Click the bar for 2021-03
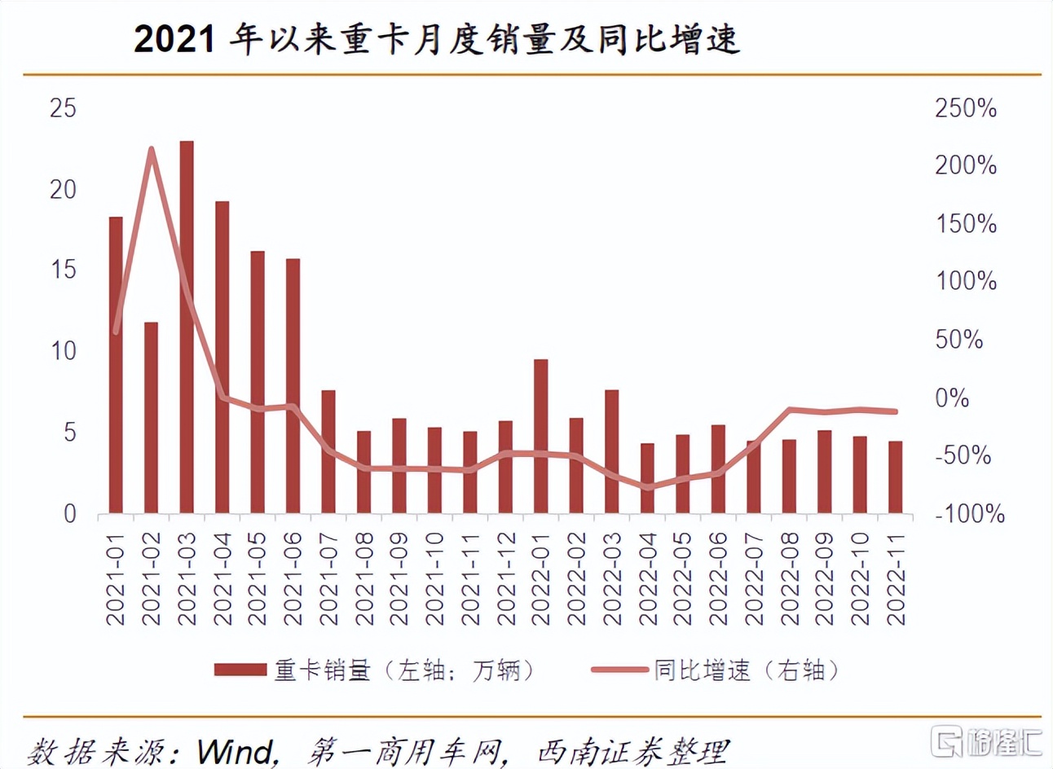pos(187,326)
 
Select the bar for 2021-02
pos(151,417)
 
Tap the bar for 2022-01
pos(541,436)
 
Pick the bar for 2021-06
pos(293,385)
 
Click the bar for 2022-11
pos(895,477)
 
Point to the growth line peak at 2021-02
pos(151,149)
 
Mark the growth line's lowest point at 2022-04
pos(648,488)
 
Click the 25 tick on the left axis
pos(63,108)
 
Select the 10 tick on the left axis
pos(63,351)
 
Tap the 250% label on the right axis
pos(965,108)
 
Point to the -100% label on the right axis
pos(969,514)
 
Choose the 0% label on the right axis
pos(952,398)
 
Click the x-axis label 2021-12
pos(506,578)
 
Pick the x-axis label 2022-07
pos(754,578)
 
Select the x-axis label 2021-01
pos(116,578)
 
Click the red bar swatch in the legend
pos(240,670)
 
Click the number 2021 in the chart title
pos(174,39)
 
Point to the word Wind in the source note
pos(236,751)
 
